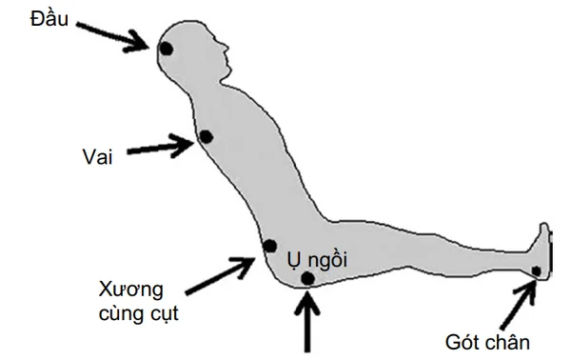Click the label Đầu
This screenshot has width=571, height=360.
[49, 18]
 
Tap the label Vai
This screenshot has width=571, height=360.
[97, 157]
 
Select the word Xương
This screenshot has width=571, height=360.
[130, 291]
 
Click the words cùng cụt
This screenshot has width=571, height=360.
[139, 313]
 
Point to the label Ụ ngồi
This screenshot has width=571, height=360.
[317, 260]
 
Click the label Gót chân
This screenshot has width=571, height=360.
[487, 343]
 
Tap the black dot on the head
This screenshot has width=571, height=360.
[167, 49]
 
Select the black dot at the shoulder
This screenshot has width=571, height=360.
[207, 137]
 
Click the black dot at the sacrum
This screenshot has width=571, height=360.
[270, 247]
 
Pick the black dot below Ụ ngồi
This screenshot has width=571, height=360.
[307, 279]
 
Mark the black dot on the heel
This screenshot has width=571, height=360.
[536, 271]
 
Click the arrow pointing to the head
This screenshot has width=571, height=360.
[112, 36]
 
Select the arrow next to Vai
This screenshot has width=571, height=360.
[160, 147]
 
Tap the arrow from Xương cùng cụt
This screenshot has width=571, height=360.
[221, 276]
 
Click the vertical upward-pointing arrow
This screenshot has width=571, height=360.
[307, 320]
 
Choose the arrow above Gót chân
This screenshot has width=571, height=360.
[519, 306]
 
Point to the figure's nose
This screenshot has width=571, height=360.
[226, 48]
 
